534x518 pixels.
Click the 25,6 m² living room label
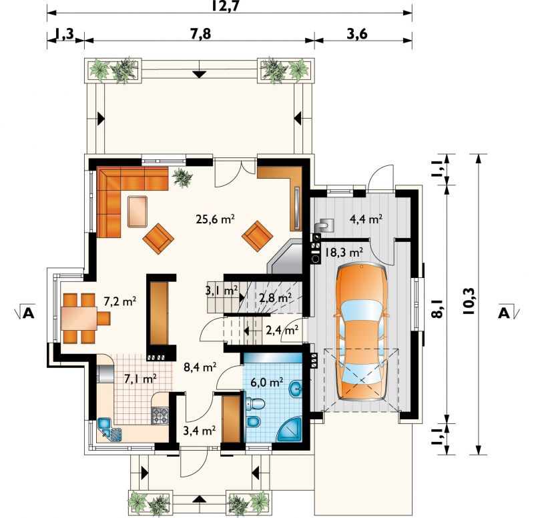[x=215, y=219]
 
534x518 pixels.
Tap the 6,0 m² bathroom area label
[x=267, y=382]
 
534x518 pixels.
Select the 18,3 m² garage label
[x=343, y=252]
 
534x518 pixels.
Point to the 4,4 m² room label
[x=366, y=219]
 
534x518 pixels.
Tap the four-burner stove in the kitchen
[x=160, y=415]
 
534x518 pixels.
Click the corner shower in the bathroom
[x=289, y=429]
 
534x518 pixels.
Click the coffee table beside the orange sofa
[x=138, y=211]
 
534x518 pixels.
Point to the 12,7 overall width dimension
[x=229, y=7]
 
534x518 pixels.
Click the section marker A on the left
[x=29, y=313]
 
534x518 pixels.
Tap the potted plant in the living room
[x=182, y=177]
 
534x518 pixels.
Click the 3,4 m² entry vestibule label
[x=199, y=431]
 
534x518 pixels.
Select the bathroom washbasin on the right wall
[x=296, y=389]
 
